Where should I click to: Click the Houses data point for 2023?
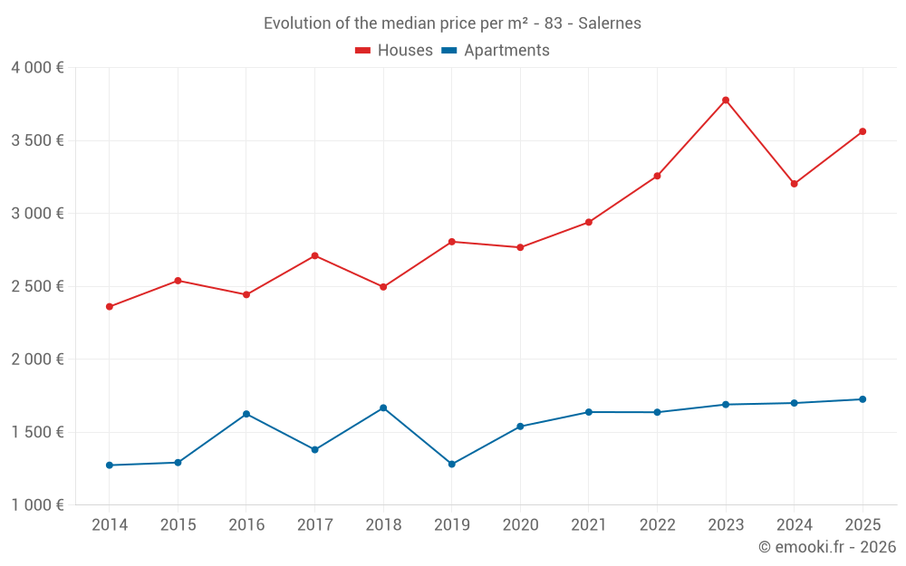(x=726, y=100)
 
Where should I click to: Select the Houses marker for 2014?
(x=110, y=307)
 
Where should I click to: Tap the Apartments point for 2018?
(x=383, y=408)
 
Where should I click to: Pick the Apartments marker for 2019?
(x=452, y=465)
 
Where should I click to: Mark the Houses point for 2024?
(x=794, y=184)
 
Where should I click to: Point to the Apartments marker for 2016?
(x=246, y=414)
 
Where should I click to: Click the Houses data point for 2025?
(x=863, y=131)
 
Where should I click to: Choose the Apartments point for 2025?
(x=863, y=399)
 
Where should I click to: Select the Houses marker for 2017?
(x=314, y=255)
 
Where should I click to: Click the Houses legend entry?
(x=394, y=51)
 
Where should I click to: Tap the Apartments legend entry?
(x=496, y=51)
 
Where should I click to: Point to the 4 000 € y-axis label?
(x=37, y=68)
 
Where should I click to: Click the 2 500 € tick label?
(x=37, y=286)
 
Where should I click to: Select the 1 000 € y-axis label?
(x=37, y=505)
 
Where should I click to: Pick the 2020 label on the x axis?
(x=520, y=525)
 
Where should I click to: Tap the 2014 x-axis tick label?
(x=110, y=525)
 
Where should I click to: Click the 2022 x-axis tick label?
(x=657, y=525)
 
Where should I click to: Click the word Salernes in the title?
(x=610, y=24)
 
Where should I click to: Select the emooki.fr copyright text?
(x=827, y=547)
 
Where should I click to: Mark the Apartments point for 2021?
(x=589, y=412)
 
